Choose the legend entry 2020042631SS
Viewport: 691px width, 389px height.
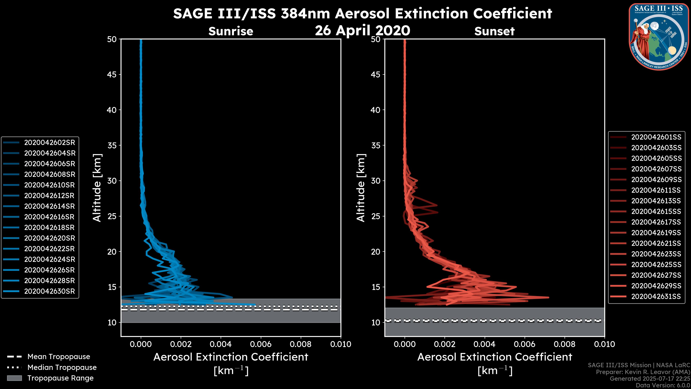coord(656,296)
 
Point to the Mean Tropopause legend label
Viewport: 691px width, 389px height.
coord(59,357)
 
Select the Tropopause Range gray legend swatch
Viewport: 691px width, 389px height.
coord(14,378)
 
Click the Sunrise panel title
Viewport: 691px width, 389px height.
coord(231,31)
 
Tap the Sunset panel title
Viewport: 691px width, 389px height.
coord(494,31)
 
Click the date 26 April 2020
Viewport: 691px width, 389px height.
coord(362,30)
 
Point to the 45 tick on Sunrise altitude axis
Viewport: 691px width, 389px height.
coord(112,75)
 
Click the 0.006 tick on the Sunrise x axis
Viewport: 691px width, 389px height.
coord(261,344)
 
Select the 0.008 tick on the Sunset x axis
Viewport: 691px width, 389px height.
coord(565,344)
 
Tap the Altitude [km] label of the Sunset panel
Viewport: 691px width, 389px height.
coord(361,188)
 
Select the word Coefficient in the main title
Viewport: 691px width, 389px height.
coord(512,14)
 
